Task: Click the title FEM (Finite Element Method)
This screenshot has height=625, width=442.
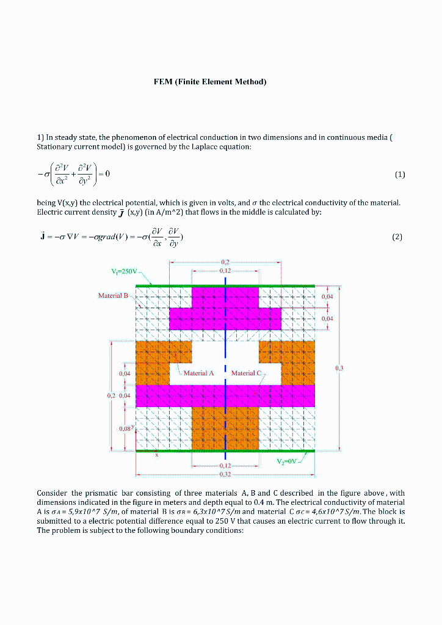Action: click(x=210, y=81)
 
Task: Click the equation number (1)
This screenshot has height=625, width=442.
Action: click(x=399, y=175)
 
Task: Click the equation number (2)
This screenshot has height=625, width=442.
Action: click(x=397, y=237)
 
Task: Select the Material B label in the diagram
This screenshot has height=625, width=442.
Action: click(x=114, y=295)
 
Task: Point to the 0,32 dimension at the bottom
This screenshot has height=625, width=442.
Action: click(x=225, y=473)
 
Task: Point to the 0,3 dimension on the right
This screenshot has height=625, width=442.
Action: click(x=339, y=368)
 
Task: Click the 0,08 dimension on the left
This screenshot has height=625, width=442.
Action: click(x=125, y=428)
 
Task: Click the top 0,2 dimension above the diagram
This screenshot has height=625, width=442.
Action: click(x=225, y=262)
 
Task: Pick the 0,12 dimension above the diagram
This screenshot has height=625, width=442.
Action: click(x=225, y=269)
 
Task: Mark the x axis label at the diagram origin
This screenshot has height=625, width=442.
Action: click(x=156, y=455)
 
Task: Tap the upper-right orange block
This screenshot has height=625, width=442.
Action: click(x=287, y=354)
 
